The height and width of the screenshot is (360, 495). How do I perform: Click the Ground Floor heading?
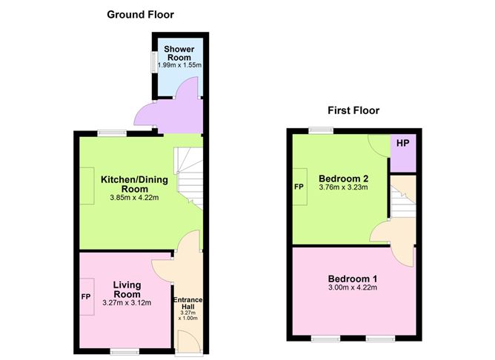point(140,15)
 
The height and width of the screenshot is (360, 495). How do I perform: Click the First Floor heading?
point(353,110)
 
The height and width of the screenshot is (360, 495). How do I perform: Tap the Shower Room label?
point(179,53)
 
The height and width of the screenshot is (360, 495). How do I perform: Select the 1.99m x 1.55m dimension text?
point(179,65)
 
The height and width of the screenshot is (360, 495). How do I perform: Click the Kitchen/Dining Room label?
point(134,184)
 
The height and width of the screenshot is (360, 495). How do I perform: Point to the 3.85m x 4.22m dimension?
point(134,198)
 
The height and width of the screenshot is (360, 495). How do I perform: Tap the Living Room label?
point(127,290)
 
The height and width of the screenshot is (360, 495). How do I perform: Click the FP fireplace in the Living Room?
point(87,296)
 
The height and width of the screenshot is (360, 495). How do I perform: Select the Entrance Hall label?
point(187,303)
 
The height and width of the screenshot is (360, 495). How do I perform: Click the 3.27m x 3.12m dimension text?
point(127,303)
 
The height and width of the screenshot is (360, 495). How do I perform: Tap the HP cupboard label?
point(403,143)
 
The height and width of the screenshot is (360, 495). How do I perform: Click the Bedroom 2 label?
point(344,179)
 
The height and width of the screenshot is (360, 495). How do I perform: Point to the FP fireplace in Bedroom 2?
point(300,187)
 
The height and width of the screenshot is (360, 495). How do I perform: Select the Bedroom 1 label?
point(353,279)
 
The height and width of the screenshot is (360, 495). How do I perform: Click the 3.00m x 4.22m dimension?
point(353,287)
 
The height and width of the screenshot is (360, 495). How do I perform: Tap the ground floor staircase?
point(189,179)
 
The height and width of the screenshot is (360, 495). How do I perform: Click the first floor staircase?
point(403,202)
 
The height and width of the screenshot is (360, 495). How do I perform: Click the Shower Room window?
point(154,62)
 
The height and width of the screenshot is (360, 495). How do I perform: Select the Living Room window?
point(124,351)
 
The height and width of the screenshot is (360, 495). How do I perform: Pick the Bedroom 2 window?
point(321,130)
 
